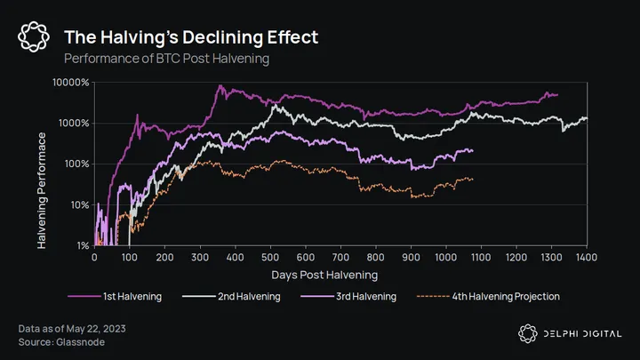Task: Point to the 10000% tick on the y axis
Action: tap(72, 83)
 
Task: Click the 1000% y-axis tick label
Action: tap(75, 124)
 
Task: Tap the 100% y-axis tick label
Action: tap(77, 164)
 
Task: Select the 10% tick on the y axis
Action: tap(79, 205)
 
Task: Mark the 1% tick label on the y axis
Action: tap(82, 245)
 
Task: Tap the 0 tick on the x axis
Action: tap(95, 258)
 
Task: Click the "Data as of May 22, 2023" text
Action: tap(72, 329)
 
